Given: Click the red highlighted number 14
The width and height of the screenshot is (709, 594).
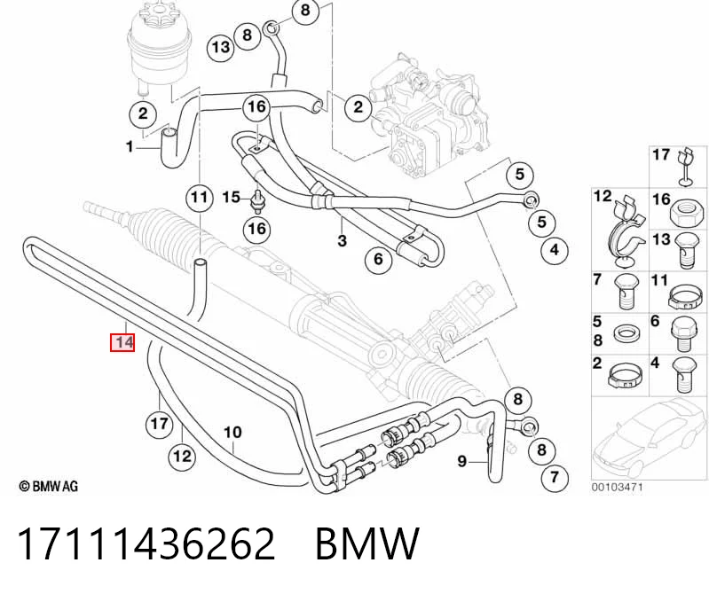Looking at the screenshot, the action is point(122,342).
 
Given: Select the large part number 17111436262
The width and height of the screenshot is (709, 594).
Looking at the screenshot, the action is point(146,543).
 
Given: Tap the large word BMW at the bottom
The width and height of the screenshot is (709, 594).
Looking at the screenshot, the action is point(367,543).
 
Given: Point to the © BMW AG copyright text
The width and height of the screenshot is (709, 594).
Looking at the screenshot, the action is point(49,486).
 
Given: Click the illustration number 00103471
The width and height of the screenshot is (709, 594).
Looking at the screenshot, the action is point(617,488).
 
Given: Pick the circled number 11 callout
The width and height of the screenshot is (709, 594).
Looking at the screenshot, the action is point(200,198).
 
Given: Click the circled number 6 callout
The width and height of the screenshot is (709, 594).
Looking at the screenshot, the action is point(379,259).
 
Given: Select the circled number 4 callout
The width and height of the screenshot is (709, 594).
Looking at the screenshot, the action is point(555,249).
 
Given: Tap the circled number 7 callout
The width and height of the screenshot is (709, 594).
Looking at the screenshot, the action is point(555,477).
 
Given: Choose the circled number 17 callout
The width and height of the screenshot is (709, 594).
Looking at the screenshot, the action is point(159,424).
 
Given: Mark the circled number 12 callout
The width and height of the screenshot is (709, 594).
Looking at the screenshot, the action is point(182,457).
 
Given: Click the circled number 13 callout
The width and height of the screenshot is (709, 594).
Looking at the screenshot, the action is point(221,47).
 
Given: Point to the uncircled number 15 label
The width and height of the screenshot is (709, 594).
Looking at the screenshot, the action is point(231,198).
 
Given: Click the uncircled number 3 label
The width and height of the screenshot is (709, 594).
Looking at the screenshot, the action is point(342,240).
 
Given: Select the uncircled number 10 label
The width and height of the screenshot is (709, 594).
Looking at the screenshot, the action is point(232,433).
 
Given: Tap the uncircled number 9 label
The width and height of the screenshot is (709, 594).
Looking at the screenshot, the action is point(461,461).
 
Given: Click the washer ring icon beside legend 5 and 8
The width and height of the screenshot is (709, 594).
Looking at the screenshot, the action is point(627,335).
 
